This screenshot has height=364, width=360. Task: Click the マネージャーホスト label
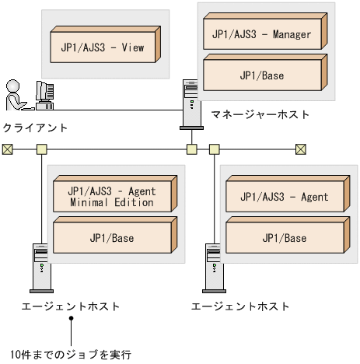tap(260, 114)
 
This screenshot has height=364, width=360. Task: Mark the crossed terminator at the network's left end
tap(7, 149)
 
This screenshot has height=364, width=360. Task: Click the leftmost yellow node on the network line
tap(40, 149)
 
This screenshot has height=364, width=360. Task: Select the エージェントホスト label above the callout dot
tap(71, 306)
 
